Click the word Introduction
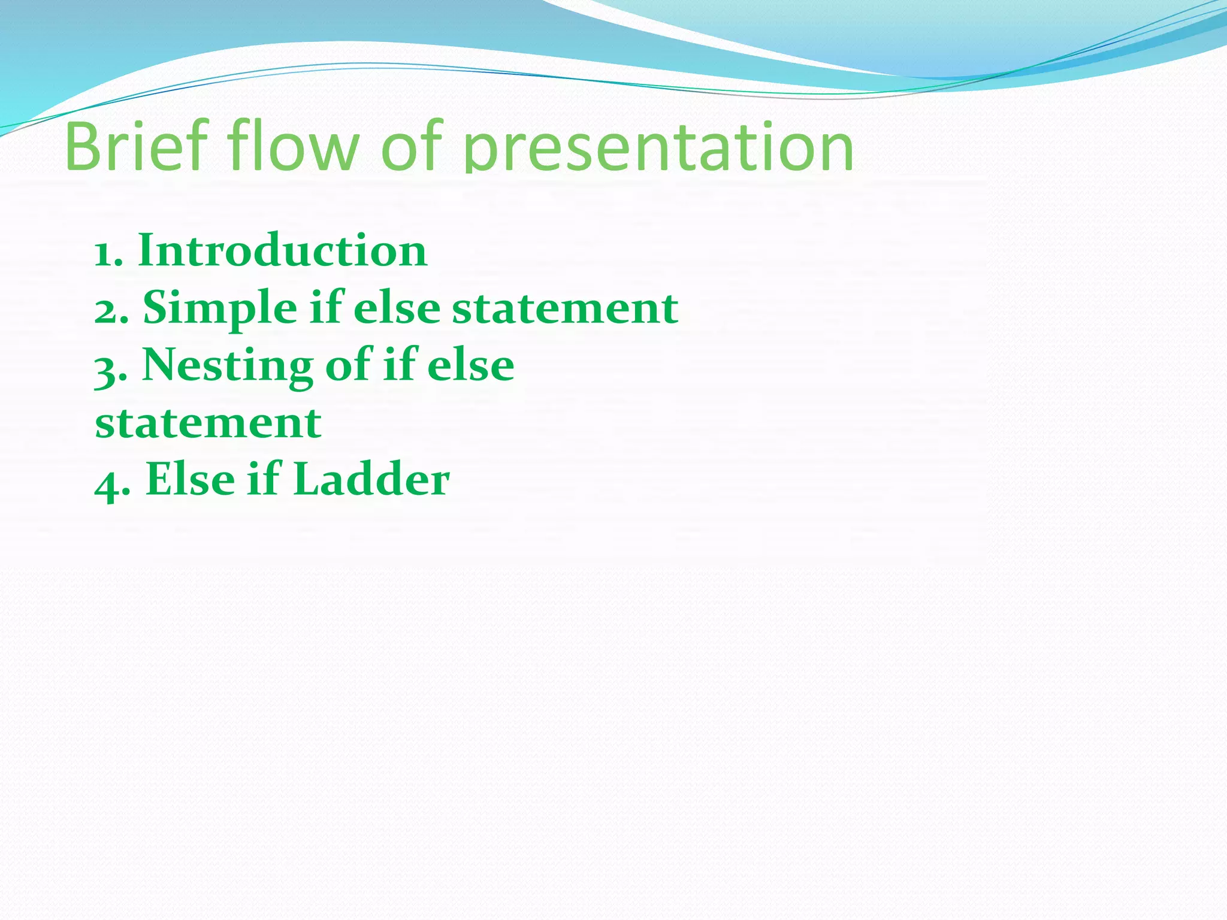pos(282,250)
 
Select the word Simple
pos(219,309)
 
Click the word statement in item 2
pos(564,309)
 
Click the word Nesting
pos(227,365)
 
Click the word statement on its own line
pos(208,423)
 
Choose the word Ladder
pos(371,480)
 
